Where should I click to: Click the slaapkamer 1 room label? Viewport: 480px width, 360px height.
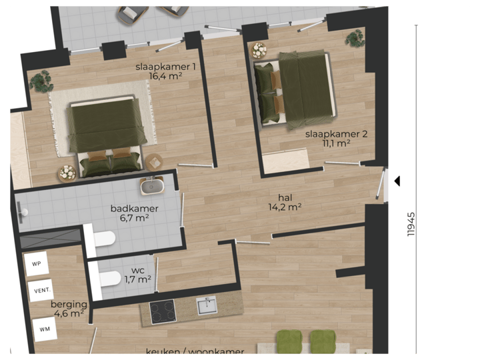165,67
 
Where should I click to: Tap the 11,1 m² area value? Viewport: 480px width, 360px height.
337,143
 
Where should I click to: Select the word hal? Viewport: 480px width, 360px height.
285,197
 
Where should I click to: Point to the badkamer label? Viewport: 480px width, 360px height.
134,209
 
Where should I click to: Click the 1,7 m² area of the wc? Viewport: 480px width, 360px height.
137,279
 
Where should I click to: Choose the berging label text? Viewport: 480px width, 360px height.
69,304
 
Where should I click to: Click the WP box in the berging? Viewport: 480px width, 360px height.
37,263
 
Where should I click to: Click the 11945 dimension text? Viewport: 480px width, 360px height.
411,224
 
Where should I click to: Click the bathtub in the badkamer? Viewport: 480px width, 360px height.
153,185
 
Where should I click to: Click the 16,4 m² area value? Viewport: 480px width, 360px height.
165,76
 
